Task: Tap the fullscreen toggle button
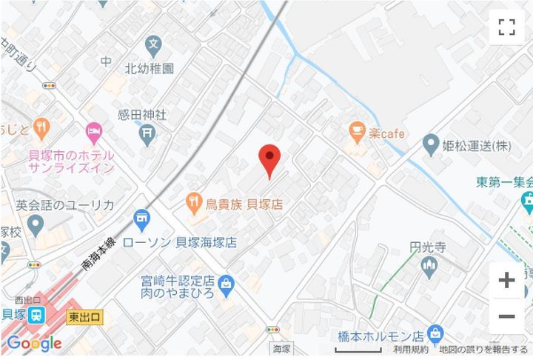(x=506, y=28)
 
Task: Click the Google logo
(x=33, y=344)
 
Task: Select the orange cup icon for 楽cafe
(x=358, y=133)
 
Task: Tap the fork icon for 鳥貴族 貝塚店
(x=193, y=200)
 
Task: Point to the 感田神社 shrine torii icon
(x=147, y=133)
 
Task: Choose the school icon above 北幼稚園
(x=153, y=44)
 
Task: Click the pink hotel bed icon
(x=93, y=133)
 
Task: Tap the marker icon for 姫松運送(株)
(x=430, y=144)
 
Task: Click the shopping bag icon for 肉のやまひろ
(x=227, y=282)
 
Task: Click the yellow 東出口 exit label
(x=84, y=317)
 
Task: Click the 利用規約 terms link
(x=411, y=349)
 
